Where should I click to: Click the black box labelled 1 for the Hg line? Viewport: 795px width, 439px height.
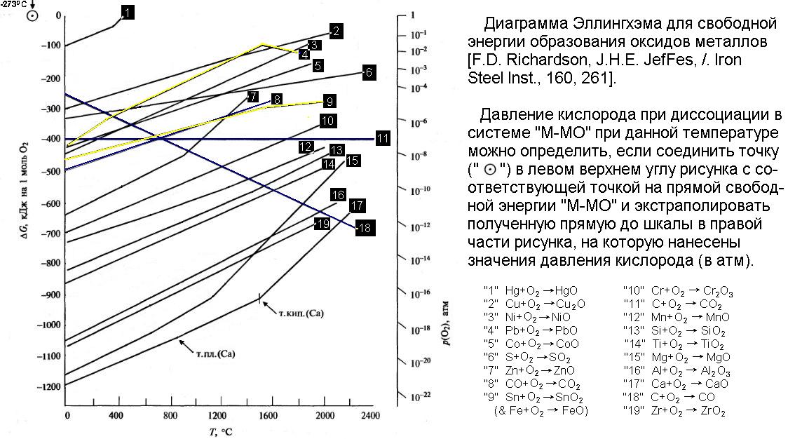pos(126,13)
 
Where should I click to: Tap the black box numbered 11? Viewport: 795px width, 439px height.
pos(382,138)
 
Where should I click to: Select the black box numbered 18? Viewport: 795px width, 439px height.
pos(363,228)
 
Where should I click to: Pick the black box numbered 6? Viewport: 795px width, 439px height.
pos(368,71)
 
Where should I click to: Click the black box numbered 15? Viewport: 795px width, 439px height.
pos(353,161)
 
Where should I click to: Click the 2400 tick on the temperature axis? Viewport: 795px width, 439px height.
pos(371,416)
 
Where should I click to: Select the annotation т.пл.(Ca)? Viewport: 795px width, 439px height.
pos(216,354)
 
